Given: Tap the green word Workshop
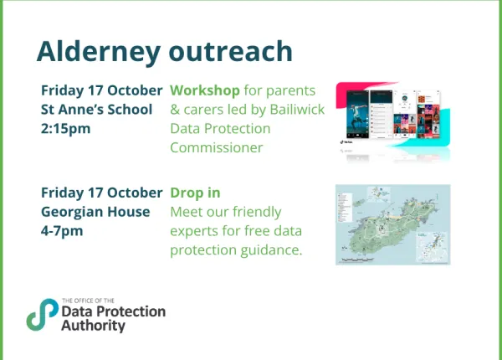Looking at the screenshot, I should click(205, 90).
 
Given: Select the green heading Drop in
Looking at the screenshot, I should click(195, 193).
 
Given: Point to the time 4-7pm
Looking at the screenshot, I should click(62, 231).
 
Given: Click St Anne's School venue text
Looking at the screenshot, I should click(96, 109).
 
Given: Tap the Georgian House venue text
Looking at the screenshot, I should click(95, 212).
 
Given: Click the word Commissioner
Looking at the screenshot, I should click(217, 148).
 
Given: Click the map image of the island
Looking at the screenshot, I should click(392, 224).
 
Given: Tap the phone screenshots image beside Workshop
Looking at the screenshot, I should click(392, 120).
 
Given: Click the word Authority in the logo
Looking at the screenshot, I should click(93, 326).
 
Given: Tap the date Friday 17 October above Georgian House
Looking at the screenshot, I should click(101, 193).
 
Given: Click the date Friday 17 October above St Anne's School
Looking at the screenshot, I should click(101, 90).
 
